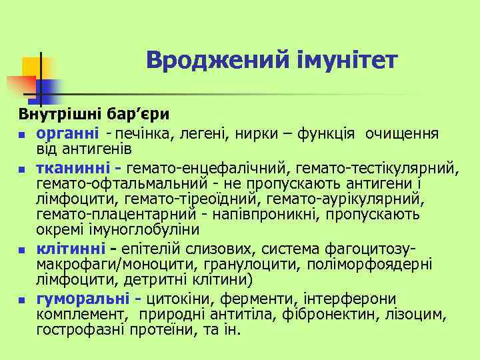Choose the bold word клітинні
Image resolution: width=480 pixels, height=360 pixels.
[70, 249]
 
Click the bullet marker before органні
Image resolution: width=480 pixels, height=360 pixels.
[22, 135]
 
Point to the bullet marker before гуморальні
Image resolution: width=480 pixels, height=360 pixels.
[22, 300]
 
